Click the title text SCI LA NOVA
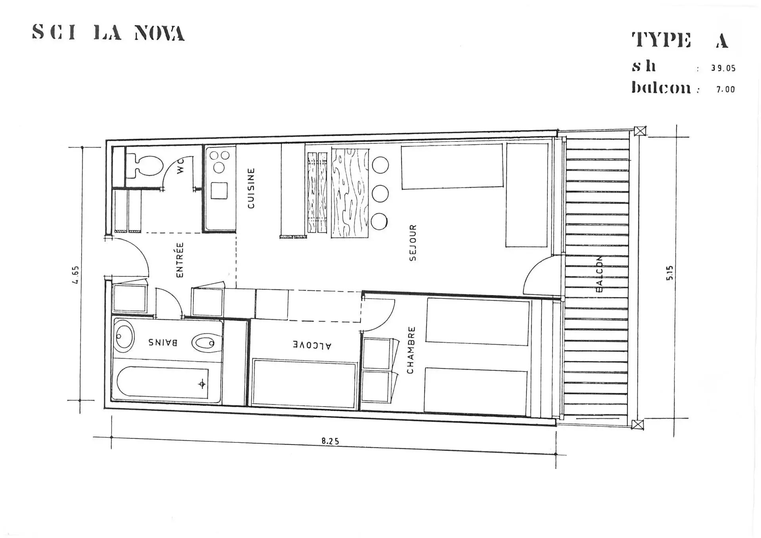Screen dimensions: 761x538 tap(108, 32)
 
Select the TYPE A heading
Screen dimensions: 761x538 tap(680, 40)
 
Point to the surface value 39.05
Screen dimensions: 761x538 tap(723, 68)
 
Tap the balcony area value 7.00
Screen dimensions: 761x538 tap(725, 90)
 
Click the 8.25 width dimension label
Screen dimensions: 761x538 tap(330, 441)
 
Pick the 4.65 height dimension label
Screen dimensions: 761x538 tap(75, 275)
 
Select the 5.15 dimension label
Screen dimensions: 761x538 tap(669, 273)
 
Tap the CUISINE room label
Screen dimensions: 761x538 tap(251, 188)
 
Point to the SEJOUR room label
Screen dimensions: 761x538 tap(413, 243)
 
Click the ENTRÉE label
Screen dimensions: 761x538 tap(180, 260)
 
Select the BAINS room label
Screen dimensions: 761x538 tap(163, 342)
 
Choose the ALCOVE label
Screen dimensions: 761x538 tap(312, 345)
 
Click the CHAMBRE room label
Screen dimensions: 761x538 tap(411, 350)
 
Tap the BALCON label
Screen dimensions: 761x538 tap(599, 274)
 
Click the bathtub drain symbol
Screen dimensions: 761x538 tap(202, 384)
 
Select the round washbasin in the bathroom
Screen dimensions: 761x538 tap(124, 336)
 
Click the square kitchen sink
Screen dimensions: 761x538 tap(219, 191)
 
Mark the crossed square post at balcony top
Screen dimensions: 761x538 tap(640, 131)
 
